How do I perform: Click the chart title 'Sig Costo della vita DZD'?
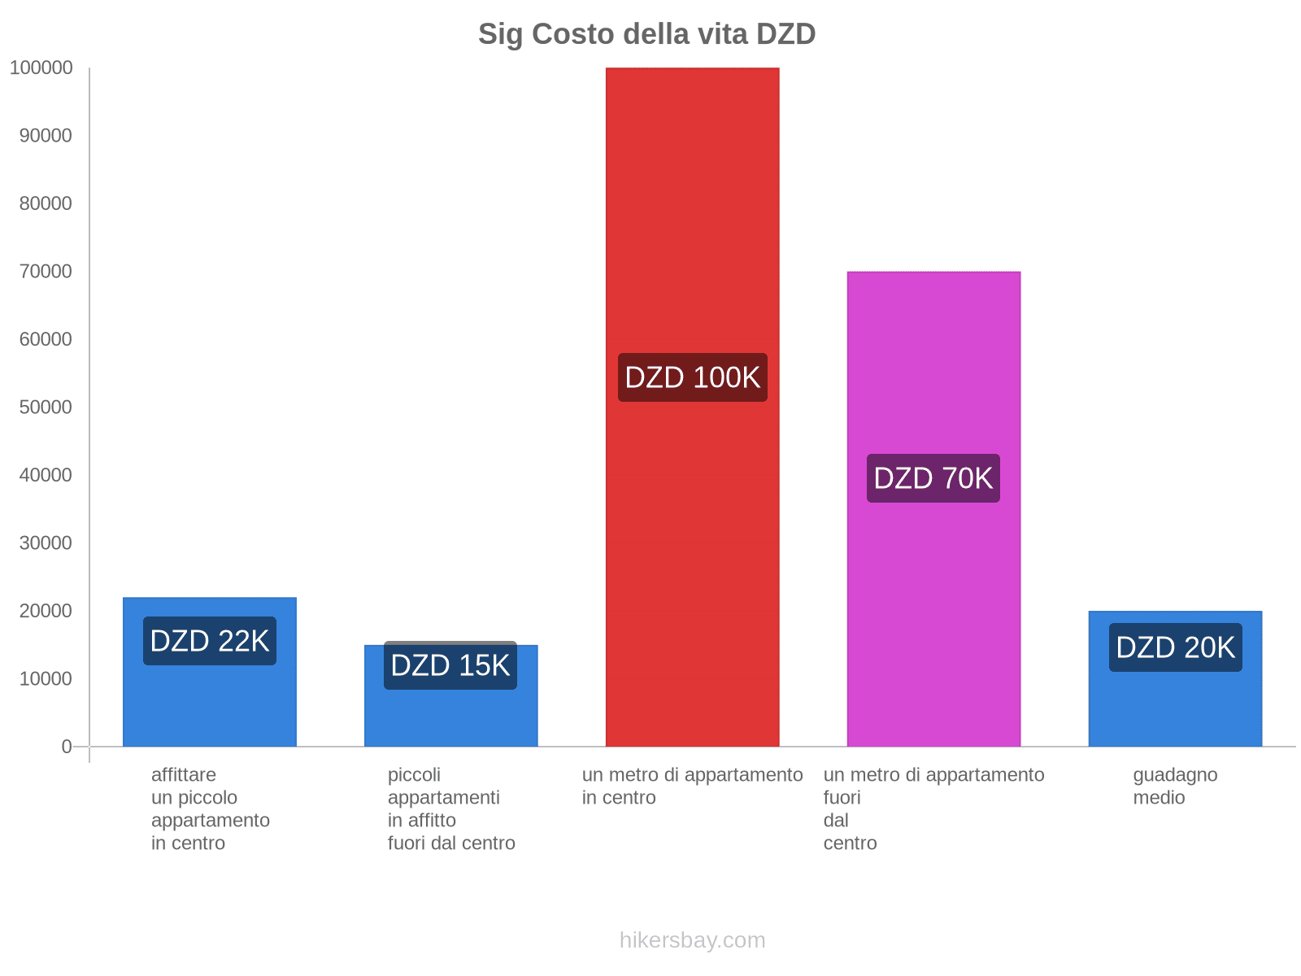(x=646, y=34)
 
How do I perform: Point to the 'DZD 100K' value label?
(x=692, y=377)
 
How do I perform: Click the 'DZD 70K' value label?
(x=933, y=478)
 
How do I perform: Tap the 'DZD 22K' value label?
(x=210, y=641)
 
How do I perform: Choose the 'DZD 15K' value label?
(x=450, y=665)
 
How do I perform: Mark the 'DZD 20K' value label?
(x=1175, y=647)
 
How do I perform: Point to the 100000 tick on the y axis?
(x=41, y=68)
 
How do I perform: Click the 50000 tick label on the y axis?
(x=46, y=407)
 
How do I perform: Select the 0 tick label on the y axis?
(x=67, y=747)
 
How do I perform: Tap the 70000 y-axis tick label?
(x=46, y=272)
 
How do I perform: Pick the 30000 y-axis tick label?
(x=46, y=543)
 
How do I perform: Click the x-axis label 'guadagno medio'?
(x=1175, y=786)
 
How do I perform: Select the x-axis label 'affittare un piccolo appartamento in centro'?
(x=210, y=808)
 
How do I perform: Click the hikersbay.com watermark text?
(x=692, y=940)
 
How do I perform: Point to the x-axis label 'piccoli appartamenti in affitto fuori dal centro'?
(x=450, y=808)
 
